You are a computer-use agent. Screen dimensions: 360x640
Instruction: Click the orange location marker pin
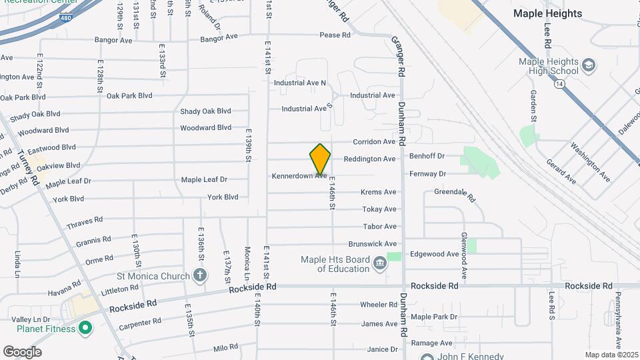(320, 159)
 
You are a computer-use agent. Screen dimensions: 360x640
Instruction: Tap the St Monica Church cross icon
(199, 275)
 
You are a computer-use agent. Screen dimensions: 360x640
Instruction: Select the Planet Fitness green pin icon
(85, 328)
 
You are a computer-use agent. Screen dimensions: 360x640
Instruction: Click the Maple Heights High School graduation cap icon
(589, 65)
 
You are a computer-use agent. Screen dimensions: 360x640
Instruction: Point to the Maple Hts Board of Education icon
(379, 264)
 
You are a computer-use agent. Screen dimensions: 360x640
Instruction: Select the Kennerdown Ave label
(299, 176)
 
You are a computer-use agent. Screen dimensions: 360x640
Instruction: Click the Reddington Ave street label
(369, 159)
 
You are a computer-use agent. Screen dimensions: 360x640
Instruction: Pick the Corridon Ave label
(374, 142)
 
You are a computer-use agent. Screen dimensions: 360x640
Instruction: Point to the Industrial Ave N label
(300, 83)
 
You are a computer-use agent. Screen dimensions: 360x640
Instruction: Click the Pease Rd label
(335, 35)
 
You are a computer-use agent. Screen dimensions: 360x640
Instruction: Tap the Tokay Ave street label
(379, 209)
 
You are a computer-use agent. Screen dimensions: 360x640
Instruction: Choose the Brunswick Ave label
(372, 244)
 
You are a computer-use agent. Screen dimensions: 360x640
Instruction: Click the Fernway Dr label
(428, 174)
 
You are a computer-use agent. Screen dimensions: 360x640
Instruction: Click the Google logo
(22, 351)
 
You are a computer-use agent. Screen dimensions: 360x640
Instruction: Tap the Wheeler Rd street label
(379, 305)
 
